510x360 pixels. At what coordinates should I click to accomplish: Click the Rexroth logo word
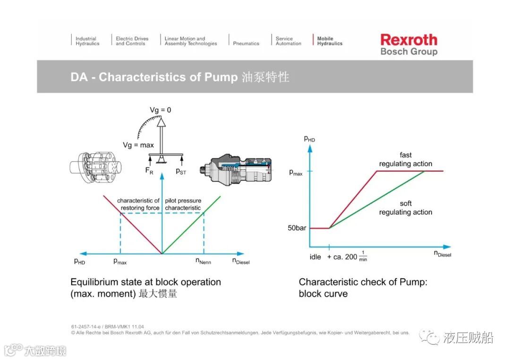[x=408, y=40]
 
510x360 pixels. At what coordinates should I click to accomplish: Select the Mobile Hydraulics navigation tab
[x=330, y=41]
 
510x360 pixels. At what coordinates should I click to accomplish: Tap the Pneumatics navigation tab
[x=246, y=43]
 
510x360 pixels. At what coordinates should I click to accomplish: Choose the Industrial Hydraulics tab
[x=87, y=41]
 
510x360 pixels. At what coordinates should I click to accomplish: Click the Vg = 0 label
[x=161, y=110]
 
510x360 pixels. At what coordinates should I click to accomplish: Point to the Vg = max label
[x=138, y=145]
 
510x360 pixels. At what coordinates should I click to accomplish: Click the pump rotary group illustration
[x=96, y=169]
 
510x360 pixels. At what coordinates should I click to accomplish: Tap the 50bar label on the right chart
[x=297, y=228]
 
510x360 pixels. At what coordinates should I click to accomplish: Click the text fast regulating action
[x=406, y=159]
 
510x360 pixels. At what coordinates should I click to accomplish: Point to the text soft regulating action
[x=406, y=208]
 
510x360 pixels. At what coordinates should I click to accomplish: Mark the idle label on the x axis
[x=315, y=257]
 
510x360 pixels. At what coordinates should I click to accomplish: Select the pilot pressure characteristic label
[x=183, y=204]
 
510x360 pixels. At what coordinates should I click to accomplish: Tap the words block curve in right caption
[x=323, y=293]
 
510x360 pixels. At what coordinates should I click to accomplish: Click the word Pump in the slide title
[x=221, y=77]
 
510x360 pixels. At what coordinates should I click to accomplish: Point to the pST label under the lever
[x=181, y=171]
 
